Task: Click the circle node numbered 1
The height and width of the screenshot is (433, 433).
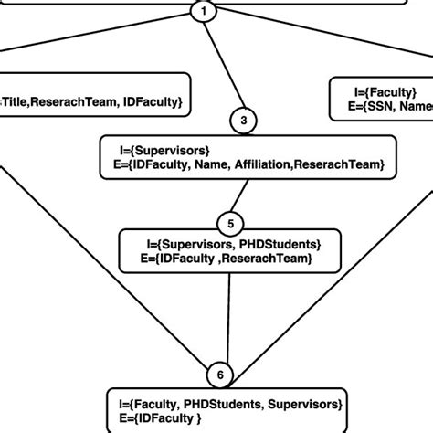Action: (205, 12)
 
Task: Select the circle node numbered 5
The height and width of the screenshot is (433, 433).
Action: (228, 222)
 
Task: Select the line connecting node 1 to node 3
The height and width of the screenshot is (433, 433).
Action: (226, 67)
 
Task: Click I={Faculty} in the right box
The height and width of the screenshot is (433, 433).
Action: (385, 91)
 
